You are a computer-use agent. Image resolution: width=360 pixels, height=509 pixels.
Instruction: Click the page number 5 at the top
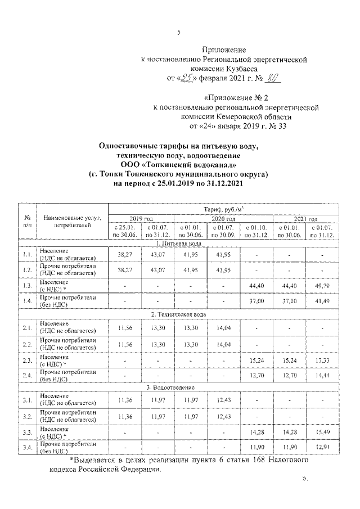pos(179,32)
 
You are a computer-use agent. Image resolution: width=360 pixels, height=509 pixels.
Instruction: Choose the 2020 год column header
pos(223,219)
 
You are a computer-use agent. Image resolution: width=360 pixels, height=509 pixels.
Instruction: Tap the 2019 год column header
pos(141,219)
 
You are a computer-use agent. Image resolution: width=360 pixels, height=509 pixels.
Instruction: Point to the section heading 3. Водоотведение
pos(179,388)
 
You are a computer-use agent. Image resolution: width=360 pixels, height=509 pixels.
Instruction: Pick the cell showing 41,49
pos(322,301)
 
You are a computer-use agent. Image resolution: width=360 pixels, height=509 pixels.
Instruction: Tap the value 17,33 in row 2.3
pos(322,359)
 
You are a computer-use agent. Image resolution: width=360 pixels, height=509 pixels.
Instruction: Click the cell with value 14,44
pos(322,375)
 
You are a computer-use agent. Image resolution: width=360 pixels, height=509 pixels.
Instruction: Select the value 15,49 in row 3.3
pos(322,432)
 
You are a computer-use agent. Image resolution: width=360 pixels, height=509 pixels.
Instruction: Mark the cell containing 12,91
pos(322,447)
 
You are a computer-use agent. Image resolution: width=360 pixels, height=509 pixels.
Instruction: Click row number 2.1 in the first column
pos(26,327)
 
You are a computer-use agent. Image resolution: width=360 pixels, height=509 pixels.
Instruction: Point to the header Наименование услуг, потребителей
pos(71,221)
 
